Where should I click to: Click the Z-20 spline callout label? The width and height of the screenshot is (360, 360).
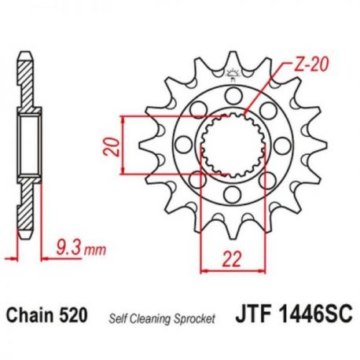point(311,64)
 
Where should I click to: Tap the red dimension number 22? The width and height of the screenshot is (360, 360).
point(232,259)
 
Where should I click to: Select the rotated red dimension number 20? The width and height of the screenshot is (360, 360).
point(112,147)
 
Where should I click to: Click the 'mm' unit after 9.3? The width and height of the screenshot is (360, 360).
point(95,251)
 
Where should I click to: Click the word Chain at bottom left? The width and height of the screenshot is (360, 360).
point(30,315)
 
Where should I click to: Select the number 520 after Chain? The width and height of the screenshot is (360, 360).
point(72,315)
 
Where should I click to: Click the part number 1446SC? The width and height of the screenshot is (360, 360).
point(316,314)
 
